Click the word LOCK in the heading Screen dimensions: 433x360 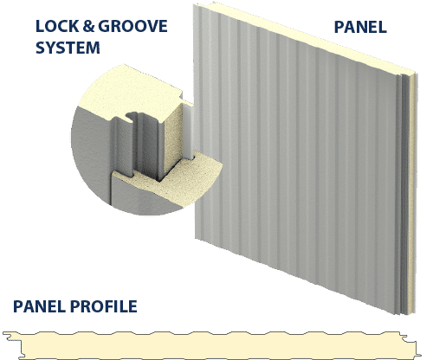57,26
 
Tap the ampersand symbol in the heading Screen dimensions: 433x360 88,26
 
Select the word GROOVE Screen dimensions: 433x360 132,26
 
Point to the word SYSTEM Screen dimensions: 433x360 68,48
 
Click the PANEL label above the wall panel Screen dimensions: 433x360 360,27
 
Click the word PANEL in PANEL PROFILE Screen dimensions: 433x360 40,306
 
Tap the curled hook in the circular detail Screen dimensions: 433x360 132,117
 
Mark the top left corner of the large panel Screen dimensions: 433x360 194,5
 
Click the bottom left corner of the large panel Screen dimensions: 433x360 196,239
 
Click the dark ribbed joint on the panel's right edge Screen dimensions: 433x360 404,193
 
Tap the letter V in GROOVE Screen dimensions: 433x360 151,26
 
